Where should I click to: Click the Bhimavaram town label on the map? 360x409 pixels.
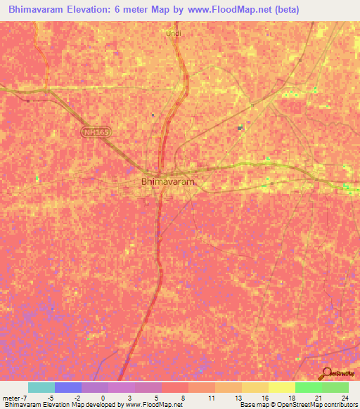(167, 181)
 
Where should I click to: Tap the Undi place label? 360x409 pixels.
(173, 32)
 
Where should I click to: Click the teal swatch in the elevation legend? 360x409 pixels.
(41, 387)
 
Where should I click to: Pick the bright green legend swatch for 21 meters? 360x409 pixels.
(309, 387)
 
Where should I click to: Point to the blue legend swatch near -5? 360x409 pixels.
(68, 387)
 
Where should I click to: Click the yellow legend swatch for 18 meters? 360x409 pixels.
(282, 387)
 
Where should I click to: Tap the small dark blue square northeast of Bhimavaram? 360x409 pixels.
(240, 127)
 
